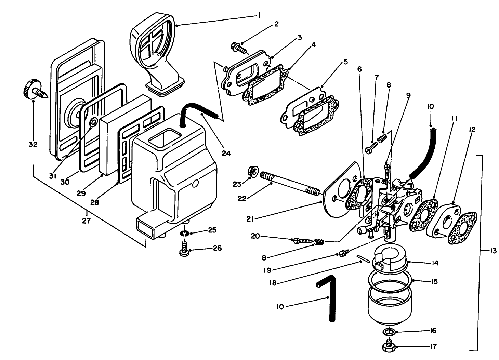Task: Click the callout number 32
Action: pos(33,144)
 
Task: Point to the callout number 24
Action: pos(226,153)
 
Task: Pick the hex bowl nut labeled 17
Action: pos(389,346)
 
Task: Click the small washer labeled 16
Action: pos(389,331)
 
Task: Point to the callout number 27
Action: pos(86,221)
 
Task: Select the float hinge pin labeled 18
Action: pos(364,258)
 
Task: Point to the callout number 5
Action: pos(345,62)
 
